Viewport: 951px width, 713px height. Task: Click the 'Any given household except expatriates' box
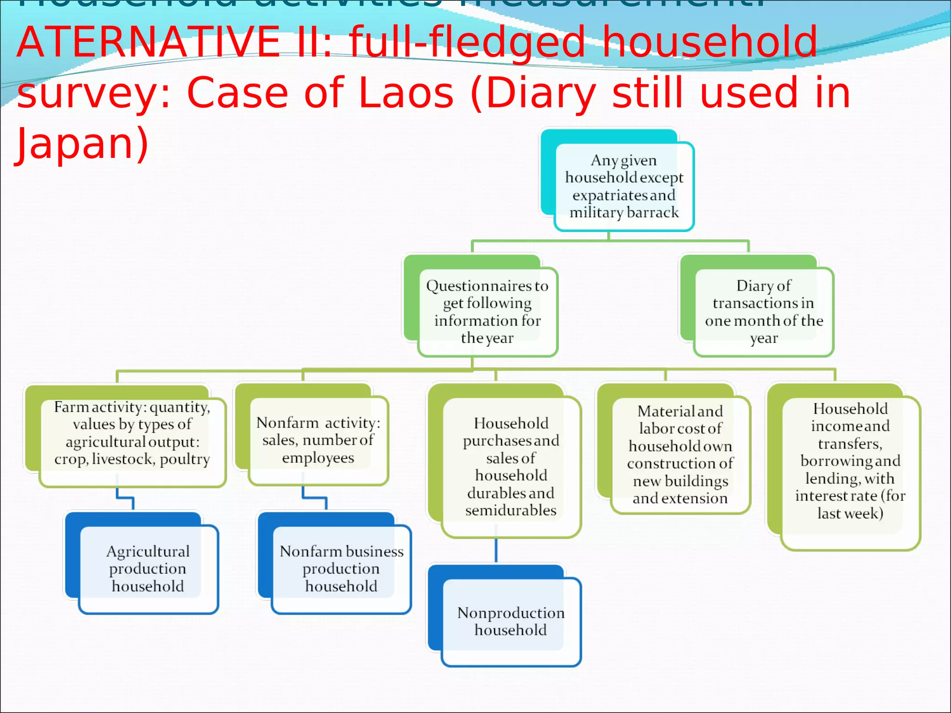click(x=624, y=186)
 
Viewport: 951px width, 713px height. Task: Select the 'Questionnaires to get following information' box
click(x=487, y=311)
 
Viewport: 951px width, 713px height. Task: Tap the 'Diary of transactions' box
click(x=763, y=311)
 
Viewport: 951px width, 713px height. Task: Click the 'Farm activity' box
click(x=132, y=441)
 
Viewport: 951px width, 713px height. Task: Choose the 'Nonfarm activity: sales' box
click(x=318, y=440)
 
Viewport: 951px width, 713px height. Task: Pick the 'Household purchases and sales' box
click(x=511, y=467)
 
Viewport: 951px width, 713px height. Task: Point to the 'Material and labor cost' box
click(x=680, y=454)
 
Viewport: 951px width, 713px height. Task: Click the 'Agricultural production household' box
click(x=148, y=569)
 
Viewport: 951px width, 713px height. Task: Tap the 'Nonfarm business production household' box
click(x=341, y=569)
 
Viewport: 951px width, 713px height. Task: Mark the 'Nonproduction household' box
click(x=511, y=621)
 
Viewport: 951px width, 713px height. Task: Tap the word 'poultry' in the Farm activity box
click(x=185, y=459)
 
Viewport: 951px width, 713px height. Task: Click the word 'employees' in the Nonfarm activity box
click(x=318, y=458)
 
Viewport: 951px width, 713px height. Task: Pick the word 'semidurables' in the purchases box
click(x=511, y=510)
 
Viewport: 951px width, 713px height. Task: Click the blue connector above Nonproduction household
click(x=496, y=550)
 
